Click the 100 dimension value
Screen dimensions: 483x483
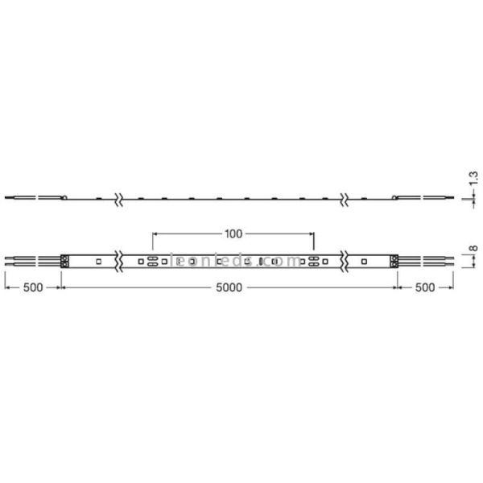tap(233, 234)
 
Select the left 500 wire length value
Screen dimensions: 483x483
tap(33, 287)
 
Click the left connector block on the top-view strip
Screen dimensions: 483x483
tap(66, 260)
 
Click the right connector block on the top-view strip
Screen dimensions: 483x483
tap(394, 260)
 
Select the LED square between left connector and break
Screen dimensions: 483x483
tap(97, 260)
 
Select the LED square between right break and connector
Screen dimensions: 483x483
tap(365, 260)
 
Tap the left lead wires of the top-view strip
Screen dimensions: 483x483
tap(32, 260)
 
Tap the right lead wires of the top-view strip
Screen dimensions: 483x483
tap(427, 260)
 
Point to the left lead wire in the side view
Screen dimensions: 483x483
tap(32, 196)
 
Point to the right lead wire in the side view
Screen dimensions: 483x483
tap(431, 196)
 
